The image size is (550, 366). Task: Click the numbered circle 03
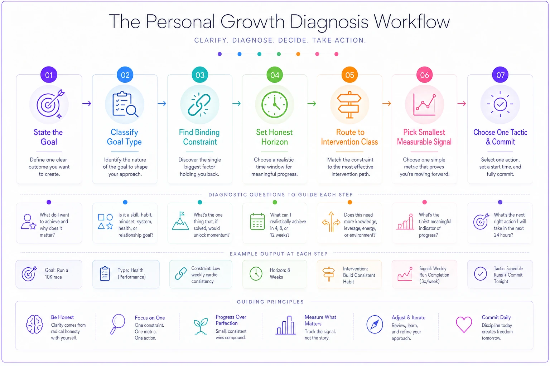point(199,75)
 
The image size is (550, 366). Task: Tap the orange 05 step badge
point(349,75)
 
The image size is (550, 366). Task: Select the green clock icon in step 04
point(275,105)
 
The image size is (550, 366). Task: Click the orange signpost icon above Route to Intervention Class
point(349,105)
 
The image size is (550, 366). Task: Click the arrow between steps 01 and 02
point(87,104)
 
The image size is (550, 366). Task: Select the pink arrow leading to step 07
point(462,104)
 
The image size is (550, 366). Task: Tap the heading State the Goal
point(48,137)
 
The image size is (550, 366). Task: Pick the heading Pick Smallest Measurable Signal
point(424,137)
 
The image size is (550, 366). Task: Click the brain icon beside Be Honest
point(35,324)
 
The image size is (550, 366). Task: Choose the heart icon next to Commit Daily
point(464,324)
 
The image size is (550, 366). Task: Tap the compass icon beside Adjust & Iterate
point(375,324)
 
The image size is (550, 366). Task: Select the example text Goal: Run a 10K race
point(57,273)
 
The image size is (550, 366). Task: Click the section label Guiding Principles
point(270,302)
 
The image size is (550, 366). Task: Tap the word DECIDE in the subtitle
point(293,40)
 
